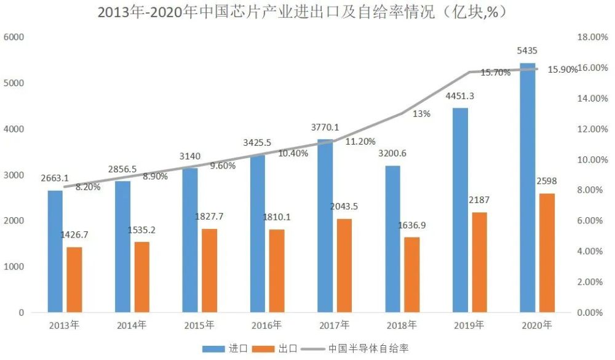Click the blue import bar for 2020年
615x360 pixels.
tap(528, 188)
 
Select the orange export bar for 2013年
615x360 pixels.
tap(74, 280)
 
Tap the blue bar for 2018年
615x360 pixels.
tap(392, 239)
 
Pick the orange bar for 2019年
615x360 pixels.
tap(479, 262)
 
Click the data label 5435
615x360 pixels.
tap(527, 50)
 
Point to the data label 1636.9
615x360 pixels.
tap(412, 225)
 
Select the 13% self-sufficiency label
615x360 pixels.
tap(422, 114)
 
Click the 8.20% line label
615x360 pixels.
tap(88, 187)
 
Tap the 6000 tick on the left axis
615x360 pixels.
tap(14, 37)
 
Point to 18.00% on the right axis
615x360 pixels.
tap(593, 37)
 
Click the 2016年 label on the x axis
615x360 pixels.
tap(267, 325)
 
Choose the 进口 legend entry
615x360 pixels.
tap(225, 348)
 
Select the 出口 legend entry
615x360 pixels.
tap(274, 348)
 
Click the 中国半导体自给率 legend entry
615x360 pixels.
tap(355, 348)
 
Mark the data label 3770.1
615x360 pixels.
tap(325, 127)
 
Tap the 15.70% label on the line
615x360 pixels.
tap(496, 73)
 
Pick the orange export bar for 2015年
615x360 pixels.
tap(210, 271)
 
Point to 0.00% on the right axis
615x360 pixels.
tap(590, 313)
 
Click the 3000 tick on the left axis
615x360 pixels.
tap(14, 175)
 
